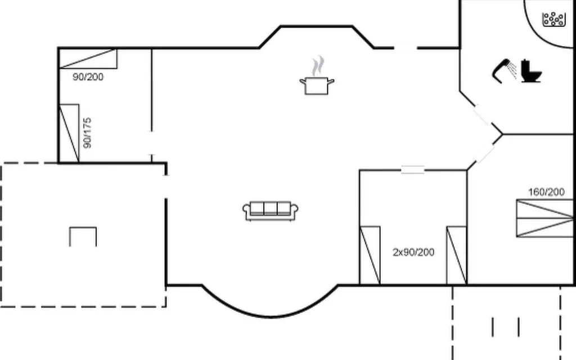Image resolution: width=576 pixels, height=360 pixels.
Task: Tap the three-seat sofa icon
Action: coord(271,211)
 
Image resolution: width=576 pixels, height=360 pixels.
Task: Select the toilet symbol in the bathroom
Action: coord(531,70)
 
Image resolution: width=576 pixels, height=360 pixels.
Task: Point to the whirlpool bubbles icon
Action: coord(553,19)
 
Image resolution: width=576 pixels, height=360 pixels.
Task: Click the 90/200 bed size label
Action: coord(88,76)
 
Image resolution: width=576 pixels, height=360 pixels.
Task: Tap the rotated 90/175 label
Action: coord(87,133)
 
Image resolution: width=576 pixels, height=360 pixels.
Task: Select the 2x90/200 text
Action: coord(413,252)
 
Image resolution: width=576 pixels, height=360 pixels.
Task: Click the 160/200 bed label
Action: coord(546,192)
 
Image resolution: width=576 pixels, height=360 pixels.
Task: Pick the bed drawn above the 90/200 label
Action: coord(88,58)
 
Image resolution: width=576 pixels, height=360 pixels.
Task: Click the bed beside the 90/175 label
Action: coord(69,133)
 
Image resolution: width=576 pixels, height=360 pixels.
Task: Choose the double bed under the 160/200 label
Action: coord(544,218)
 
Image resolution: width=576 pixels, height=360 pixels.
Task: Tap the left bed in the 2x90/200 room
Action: coord(370,255)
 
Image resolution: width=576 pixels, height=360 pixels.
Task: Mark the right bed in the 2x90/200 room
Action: coord(457,255)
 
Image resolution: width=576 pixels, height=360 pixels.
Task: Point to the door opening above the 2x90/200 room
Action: coord(412,170)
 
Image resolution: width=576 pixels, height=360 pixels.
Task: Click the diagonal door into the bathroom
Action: coord(483,115)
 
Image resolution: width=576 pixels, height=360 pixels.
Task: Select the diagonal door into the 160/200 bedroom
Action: coord(485,154)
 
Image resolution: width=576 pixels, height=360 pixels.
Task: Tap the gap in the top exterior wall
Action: coord(406,48)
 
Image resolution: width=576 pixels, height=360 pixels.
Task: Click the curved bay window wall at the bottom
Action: coord(270,316)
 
